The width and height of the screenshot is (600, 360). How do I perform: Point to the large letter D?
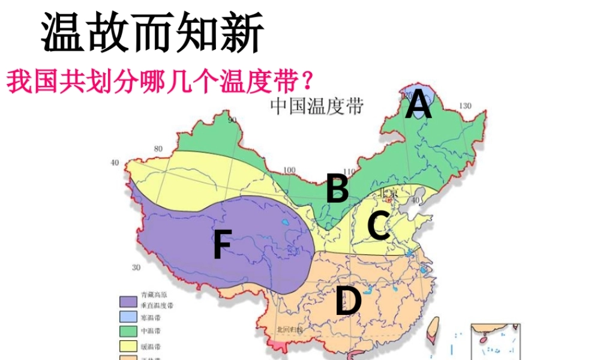point(348,301)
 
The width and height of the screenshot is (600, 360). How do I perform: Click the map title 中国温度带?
point(317,107)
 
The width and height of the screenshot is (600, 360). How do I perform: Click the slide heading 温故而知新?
point(152,32)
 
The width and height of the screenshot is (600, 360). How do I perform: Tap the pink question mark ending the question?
point(308,80)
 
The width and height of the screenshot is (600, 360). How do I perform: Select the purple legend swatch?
point(127,301)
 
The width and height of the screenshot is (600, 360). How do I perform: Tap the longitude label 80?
point(158,149)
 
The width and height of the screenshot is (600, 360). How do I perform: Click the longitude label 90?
point(233,119)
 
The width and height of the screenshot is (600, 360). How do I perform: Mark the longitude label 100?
point(290,170)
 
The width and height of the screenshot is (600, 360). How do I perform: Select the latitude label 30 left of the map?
point(136,268)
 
